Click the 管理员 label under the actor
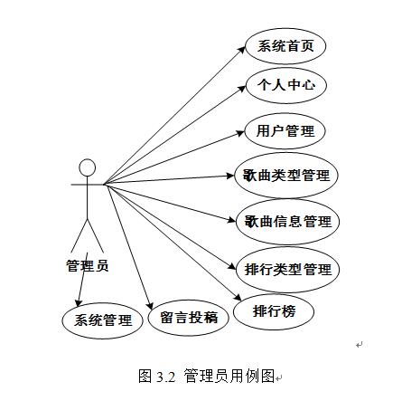(87, 265)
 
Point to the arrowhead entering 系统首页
(243, 50)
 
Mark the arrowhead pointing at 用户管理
(240, 133)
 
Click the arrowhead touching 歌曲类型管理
(230, 176)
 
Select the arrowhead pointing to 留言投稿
(151, 305)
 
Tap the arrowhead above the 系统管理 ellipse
(79, 303)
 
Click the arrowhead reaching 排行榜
(238, 297)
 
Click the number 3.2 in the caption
(165, 377)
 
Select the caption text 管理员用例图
(229, 376)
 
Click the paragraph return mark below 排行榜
(360, 345)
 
